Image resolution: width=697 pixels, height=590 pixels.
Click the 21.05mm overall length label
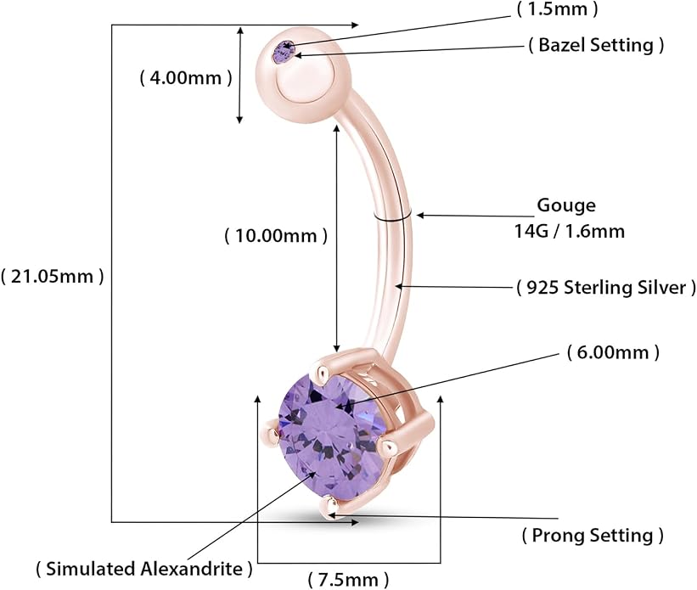click(x=52, y=277)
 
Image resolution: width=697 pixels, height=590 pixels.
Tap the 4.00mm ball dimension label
click(x=186, y=78)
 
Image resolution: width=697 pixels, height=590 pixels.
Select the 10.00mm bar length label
click(x=276, y=235)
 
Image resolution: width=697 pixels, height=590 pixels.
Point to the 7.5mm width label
click(x=348, y=579)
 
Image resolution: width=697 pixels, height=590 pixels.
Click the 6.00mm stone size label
click(x=614, y=352)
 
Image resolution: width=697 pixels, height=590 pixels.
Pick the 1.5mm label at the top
click(x=558, y=8)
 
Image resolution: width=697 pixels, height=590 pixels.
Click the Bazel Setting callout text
click(x=596, y=44)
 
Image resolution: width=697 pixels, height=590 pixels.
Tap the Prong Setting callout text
click(x=593, y=535)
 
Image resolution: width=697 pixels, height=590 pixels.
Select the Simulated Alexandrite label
click(x=144, y=569)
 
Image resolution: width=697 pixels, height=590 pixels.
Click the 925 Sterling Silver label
click(x=606, y=287)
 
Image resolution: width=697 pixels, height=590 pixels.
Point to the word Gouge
click(x=566, y=205)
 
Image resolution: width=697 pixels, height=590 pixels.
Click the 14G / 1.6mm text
click(x=570, y=231)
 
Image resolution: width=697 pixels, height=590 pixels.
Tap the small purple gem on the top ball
click(x=284, y=52)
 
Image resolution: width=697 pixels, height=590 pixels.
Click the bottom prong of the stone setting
click(x=330, y=508)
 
